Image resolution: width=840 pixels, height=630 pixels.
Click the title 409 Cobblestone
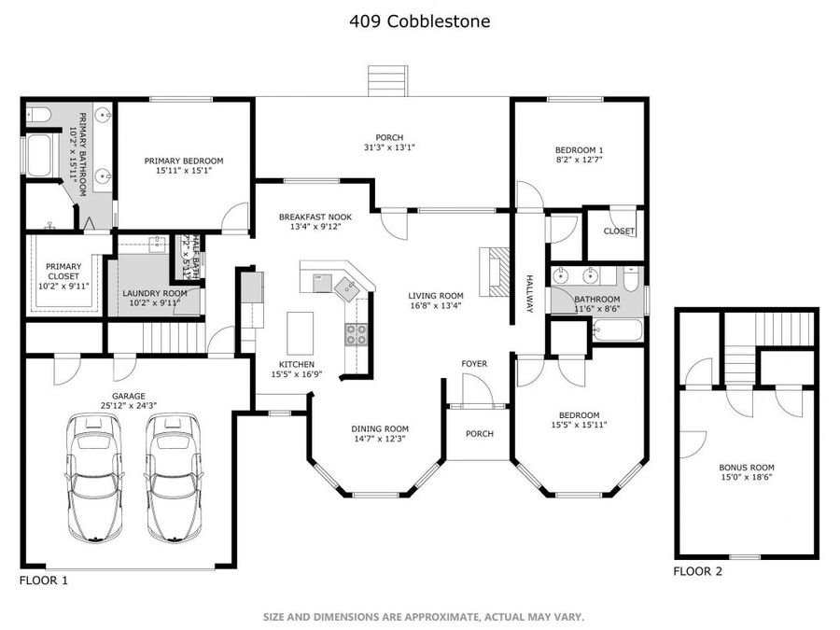pos(420,21)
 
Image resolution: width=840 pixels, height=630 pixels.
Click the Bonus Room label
pos(746,468)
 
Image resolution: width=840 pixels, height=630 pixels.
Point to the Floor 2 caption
pos(697,571)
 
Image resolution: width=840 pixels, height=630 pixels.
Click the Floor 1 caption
pos(44,580)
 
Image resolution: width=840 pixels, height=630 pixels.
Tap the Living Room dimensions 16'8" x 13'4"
pos(436,304)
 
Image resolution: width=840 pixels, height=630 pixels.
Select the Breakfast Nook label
pos(315,217)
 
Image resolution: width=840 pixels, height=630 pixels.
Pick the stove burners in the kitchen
pos(357,333)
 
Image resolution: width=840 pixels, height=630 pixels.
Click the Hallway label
pos(528,293)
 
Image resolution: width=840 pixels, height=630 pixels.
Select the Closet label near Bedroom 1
pos(618,231)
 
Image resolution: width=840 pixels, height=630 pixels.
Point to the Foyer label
pos(474,364)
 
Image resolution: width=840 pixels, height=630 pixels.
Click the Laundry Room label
pos(155,293)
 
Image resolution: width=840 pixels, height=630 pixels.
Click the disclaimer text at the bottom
pos(423,617)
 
